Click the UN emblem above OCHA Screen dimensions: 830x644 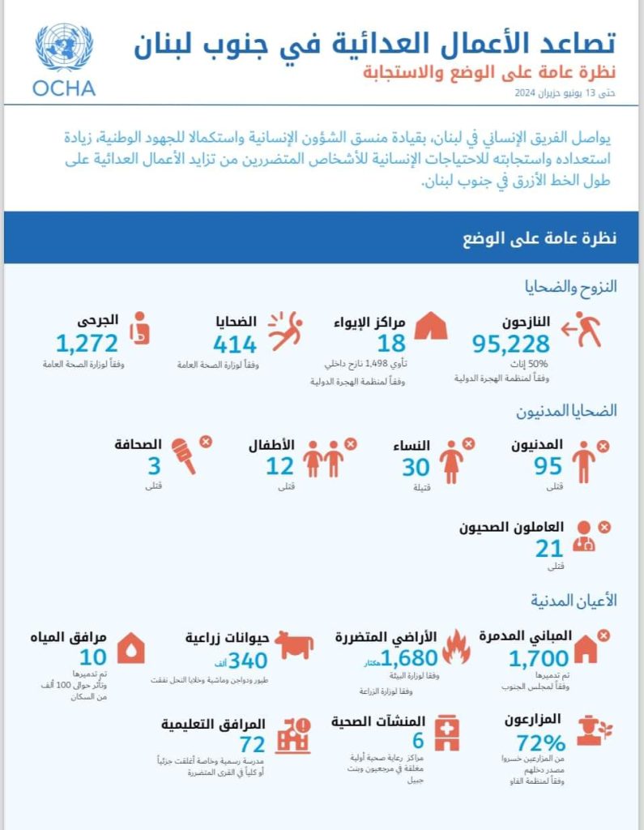(x=64, y=48)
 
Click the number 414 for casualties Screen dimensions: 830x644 (x=235, y=344)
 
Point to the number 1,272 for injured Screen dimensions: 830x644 (x=87, y=344)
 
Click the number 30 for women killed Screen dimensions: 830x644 (x=416, y=468)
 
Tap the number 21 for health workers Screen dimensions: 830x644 (x=548, y=549)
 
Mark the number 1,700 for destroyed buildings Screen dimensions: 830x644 (x=539, y=657)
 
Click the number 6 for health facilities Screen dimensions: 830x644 (x=418, y=741)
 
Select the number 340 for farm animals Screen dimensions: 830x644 (x=248, y=661)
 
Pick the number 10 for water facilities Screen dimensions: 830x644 (x=94, y=657)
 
